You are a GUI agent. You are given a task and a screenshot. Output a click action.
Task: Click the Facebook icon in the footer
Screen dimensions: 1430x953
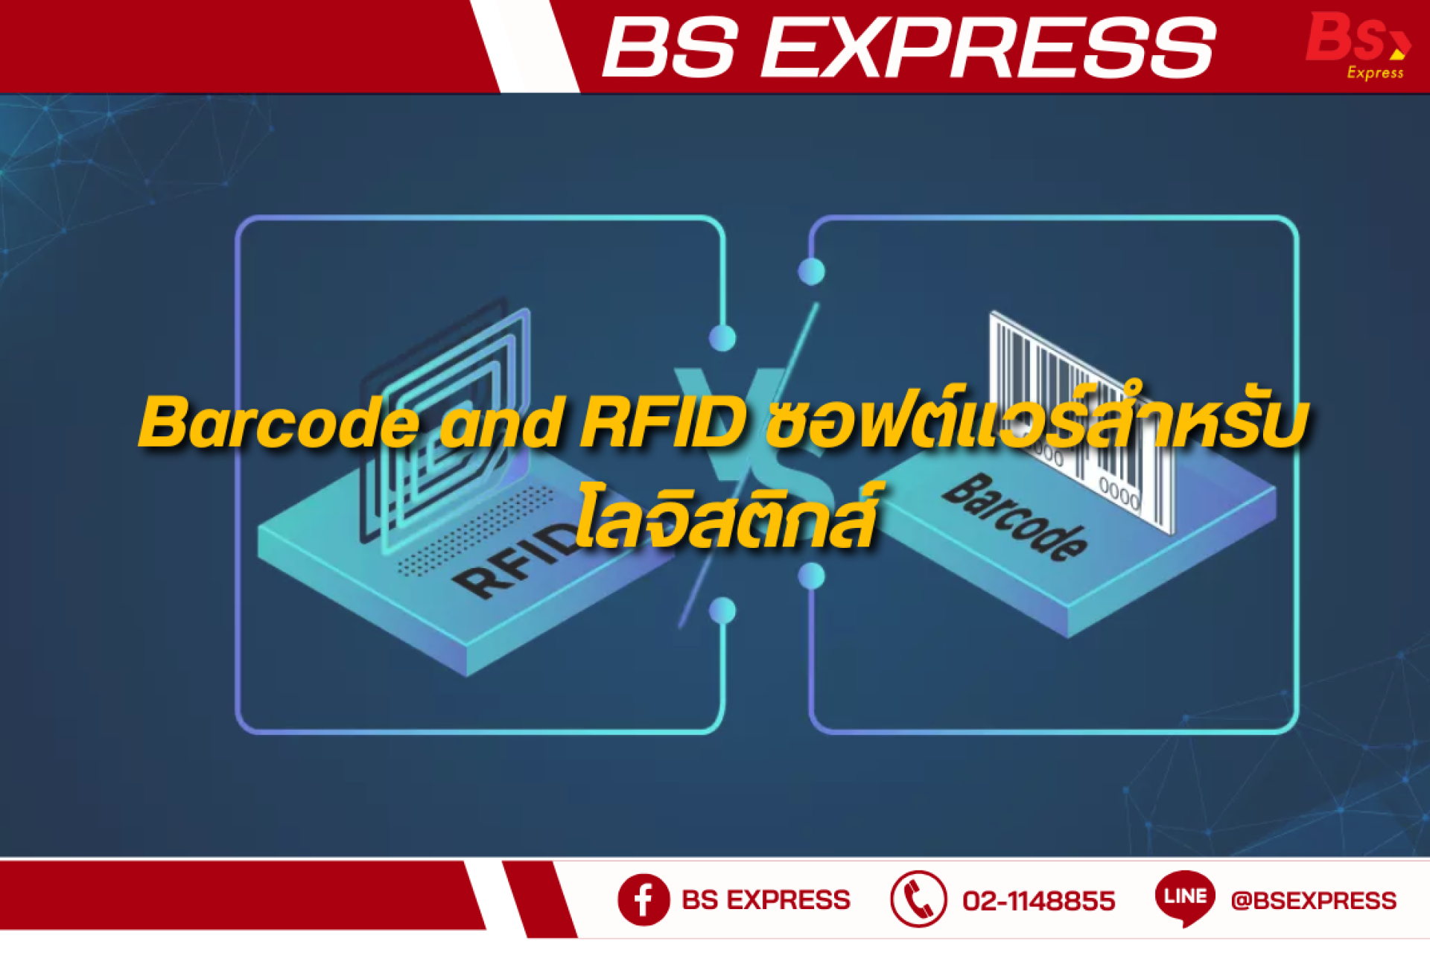click(x=643, y=899)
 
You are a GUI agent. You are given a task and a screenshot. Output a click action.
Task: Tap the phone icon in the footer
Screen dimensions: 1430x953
click(x=918, y=899)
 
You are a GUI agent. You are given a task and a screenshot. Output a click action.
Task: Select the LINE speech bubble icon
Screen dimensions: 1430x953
click(x=1185, y=898)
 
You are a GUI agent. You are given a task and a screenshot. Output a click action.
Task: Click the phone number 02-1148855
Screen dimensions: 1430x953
click(x=1039, y=901)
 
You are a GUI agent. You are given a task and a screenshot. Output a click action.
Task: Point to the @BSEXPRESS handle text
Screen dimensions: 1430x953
click(x=1314, y=901)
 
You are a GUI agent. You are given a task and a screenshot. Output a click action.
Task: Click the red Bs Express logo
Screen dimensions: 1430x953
click(x=1358, y=45)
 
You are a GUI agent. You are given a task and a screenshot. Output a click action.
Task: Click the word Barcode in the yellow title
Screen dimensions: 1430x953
click(x=279, y=422)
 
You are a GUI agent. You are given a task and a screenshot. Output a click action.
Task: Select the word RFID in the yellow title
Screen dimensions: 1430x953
click(x=663, y=422)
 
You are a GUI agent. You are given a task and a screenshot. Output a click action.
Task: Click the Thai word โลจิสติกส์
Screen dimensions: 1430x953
click(x=726, y=516)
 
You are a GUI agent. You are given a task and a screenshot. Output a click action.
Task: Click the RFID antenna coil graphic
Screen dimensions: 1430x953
click(x=447, y=424)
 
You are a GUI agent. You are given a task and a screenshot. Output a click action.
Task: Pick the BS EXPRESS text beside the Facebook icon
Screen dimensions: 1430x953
click(x=766, y=900)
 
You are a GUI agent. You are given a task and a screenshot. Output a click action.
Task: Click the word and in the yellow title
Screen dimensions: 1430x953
click(x=500, y=422)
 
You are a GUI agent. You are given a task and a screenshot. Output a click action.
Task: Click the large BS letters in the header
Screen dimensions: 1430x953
click(x=671, y=48)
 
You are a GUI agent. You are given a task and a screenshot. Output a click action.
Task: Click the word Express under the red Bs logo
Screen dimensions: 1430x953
click(x=1375, y=72)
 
